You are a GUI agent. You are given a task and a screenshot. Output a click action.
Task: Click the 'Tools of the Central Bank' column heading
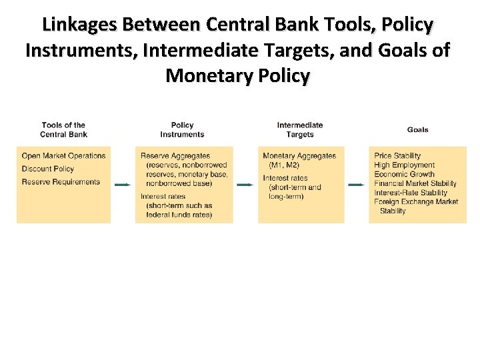(63, 129)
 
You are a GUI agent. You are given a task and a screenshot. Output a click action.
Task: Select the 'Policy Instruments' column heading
(182, 129)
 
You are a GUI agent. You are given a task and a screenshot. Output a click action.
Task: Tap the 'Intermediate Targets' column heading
(300, 129)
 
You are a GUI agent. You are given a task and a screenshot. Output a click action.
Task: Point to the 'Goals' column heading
(418, 129)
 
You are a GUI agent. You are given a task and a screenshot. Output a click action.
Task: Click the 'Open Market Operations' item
(63, 156)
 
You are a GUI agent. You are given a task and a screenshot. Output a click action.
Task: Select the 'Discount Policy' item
(47, 169)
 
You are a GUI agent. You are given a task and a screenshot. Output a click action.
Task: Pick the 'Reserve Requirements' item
(61, 182)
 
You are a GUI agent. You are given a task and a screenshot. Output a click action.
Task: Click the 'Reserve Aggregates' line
(175, 156)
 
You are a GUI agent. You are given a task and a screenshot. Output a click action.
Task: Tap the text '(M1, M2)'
(284, 165)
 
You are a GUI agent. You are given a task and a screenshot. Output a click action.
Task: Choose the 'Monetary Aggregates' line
(299, 156)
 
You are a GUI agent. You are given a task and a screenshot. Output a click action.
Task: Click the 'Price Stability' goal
(397, 156)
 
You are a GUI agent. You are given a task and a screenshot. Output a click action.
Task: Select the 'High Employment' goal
(404, 165)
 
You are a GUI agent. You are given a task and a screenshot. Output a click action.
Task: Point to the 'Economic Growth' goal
(404, 174)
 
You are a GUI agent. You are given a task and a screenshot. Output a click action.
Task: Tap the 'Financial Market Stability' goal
(415, 183)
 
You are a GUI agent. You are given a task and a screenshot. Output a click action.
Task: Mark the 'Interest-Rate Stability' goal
(411, 193)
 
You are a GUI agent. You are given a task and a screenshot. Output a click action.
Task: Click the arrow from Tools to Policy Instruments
(123, 185)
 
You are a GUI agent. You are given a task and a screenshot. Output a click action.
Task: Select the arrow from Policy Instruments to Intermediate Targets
(245, 185)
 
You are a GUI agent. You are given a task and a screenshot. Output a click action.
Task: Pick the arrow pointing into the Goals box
(357, 185)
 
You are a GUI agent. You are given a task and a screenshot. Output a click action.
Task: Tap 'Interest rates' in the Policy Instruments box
(163, 197)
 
